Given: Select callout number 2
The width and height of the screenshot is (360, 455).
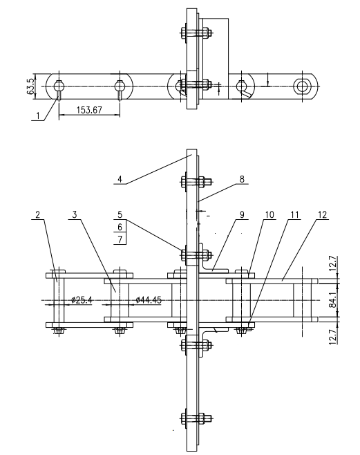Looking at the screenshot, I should coord(36,215).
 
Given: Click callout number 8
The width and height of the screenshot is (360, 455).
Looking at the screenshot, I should coord(243,178).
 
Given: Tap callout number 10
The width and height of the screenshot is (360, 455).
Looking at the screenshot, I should coord(269,215).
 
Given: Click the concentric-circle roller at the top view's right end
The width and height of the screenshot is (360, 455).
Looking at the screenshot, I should coord(302,86).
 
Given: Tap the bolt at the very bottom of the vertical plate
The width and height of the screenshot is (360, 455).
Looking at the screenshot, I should coord(191,418).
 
